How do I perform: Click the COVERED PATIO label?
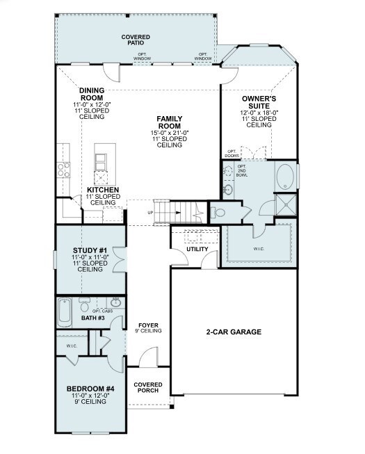136,40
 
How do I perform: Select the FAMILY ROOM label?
169,122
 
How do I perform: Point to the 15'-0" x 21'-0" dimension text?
169,133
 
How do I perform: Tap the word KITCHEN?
102,190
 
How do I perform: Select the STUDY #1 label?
89,251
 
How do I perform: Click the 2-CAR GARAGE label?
234,332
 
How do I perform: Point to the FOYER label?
149,325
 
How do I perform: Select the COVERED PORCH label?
148,387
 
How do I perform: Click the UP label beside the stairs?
150,212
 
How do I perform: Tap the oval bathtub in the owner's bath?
285,177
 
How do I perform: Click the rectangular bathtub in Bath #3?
65,311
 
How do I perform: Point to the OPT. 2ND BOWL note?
242,172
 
